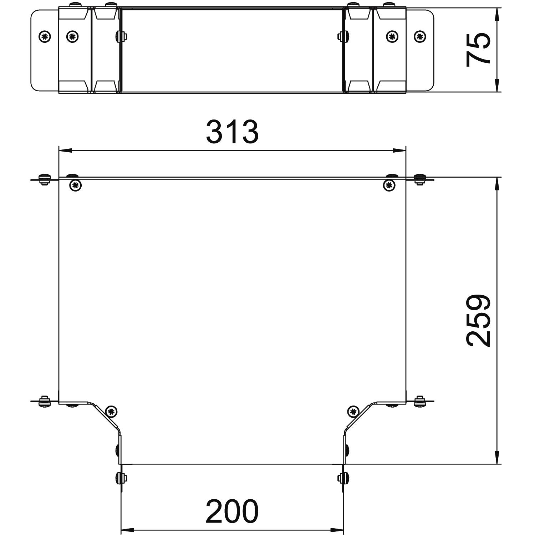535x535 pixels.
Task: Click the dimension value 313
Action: tap(232, 132)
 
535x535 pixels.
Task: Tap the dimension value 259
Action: tap(478, 320)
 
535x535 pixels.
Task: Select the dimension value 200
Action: tap(232, 511)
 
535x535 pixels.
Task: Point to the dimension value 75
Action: tap(478, 49)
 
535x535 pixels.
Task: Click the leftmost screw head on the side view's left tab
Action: tap(45, 36)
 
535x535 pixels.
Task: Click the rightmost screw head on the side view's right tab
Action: tap(420, 36)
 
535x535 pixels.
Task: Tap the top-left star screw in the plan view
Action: tap(75, 185)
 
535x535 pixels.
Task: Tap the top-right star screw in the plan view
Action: tap(389, 185)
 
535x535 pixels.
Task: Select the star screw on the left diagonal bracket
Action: tap(112, 411)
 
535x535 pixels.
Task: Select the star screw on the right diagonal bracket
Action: tap(353, 411)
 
